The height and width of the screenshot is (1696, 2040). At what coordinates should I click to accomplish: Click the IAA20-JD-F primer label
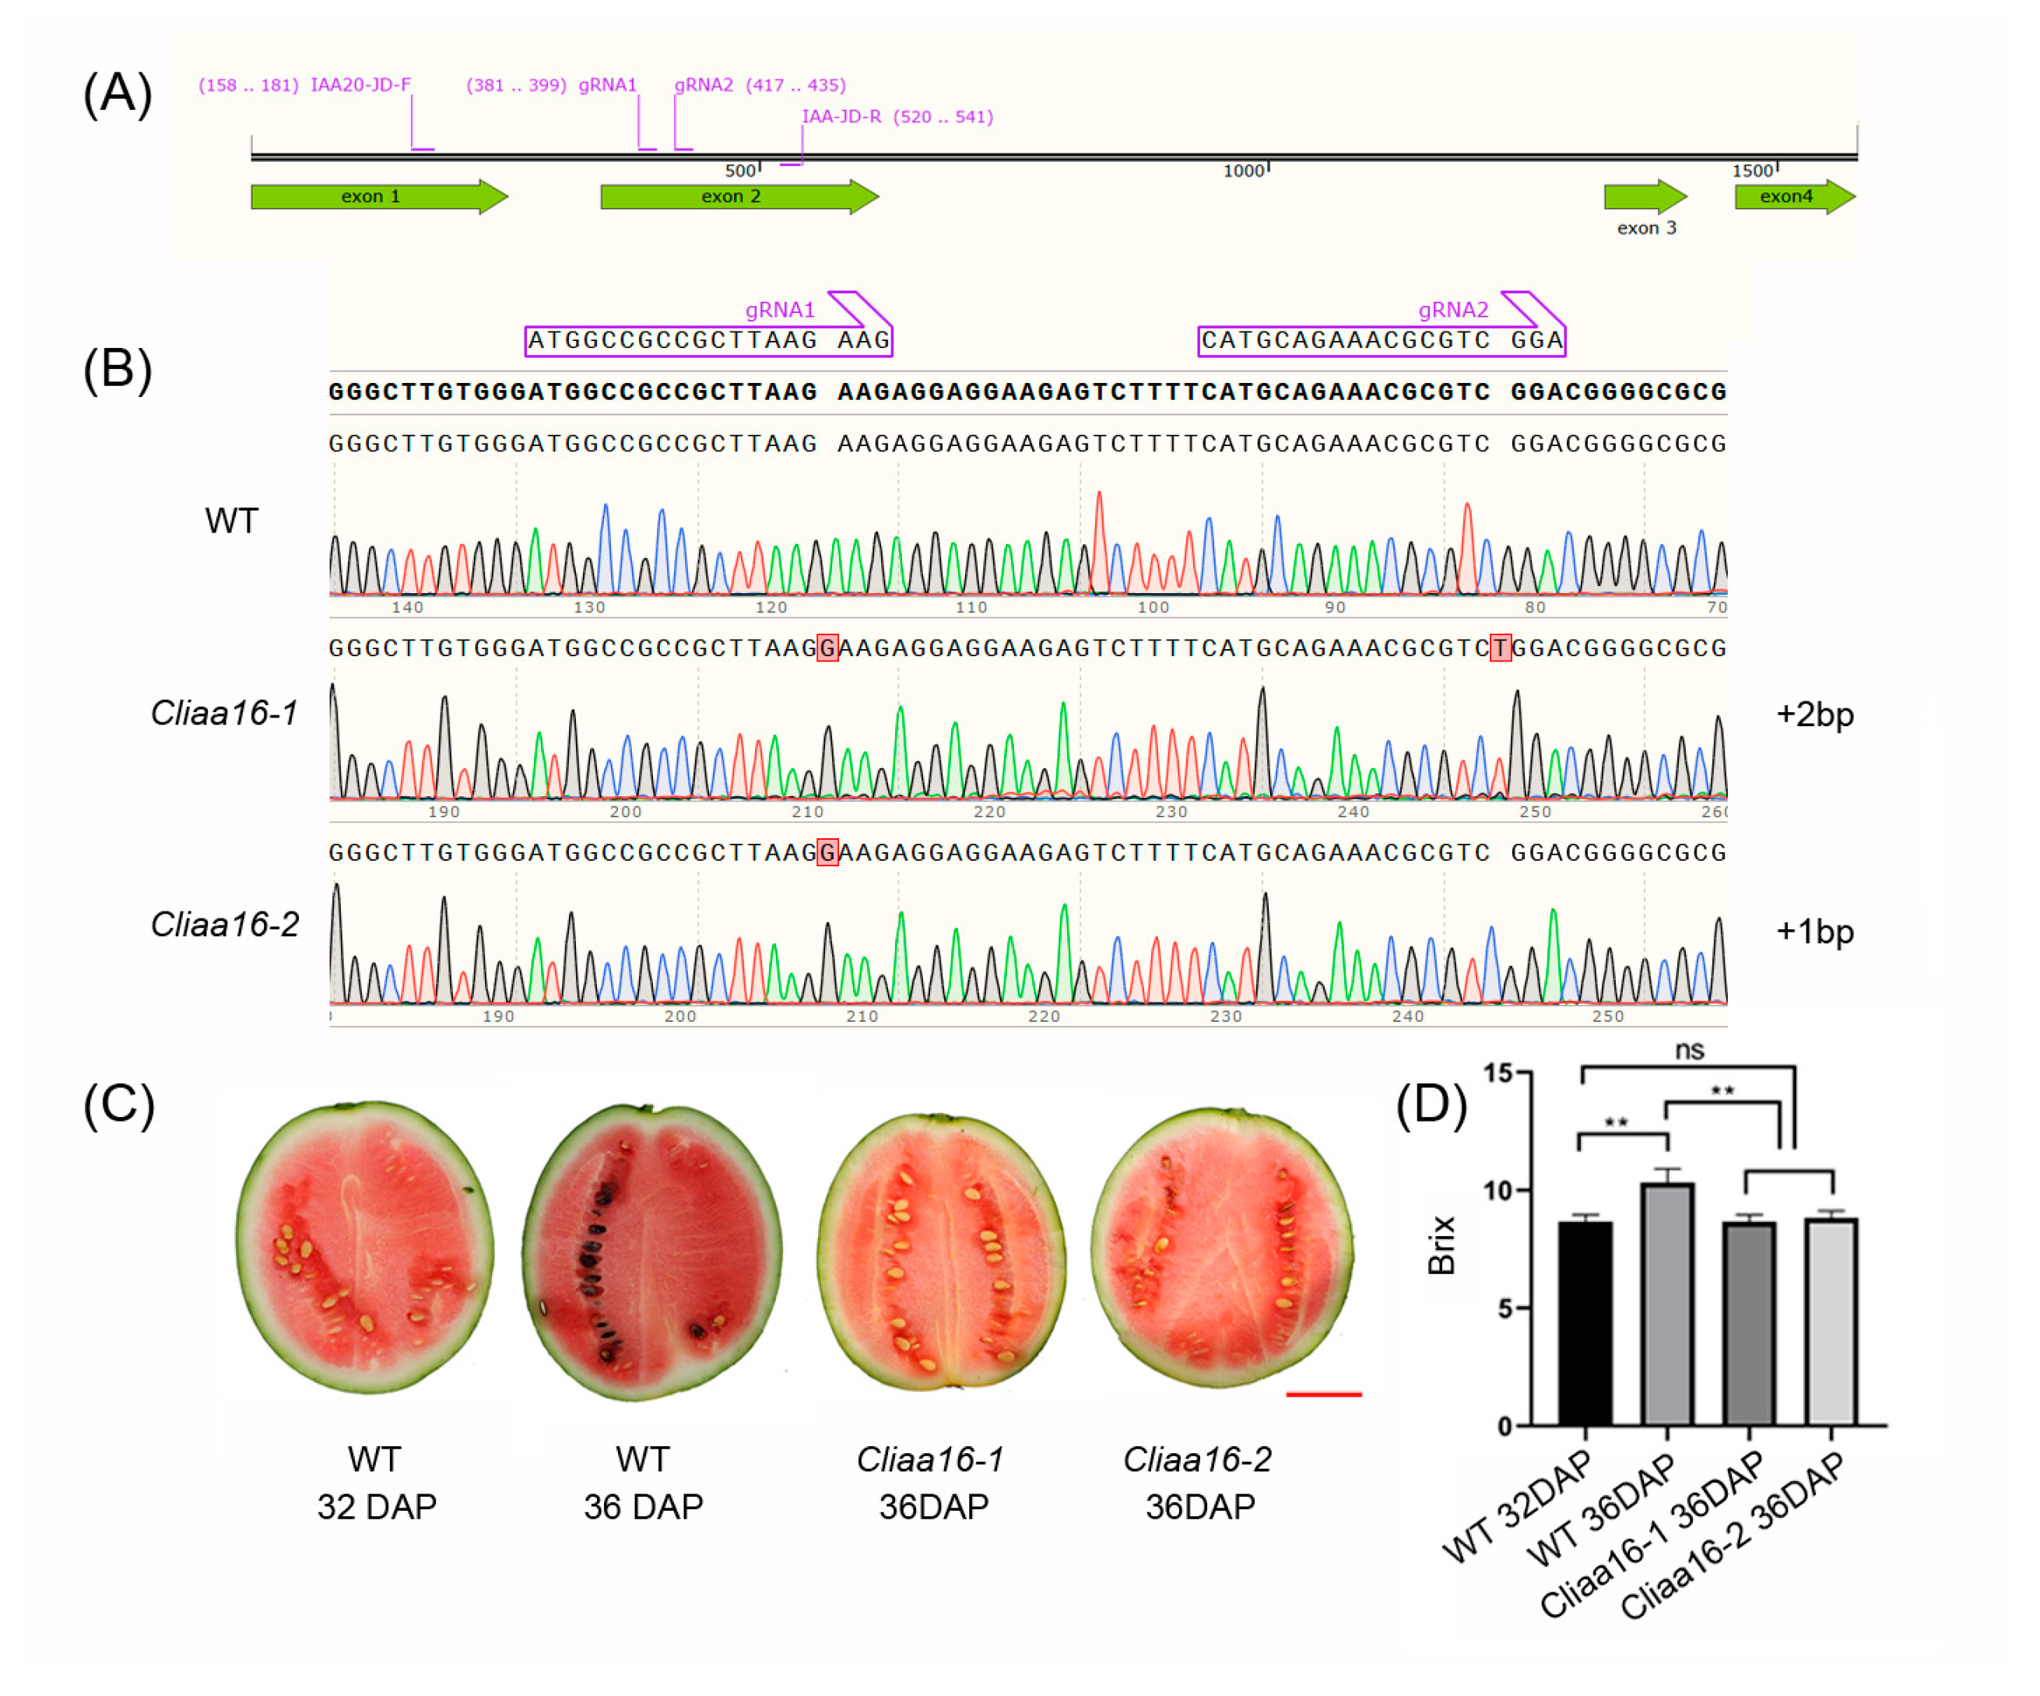point(360,86)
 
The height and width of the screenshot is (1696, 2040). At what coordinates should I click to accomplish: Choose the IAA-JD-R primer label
point(841,117)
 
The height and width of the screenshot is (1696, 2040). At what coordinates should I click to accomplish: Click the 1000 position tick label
point(1244,171)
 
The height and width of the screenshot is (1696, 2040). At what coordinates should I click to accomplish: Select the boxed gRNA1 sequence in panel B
point(708,341)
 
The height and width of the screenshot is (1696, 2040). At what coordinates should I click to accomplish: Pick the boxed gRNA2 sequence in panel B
point(1382,341)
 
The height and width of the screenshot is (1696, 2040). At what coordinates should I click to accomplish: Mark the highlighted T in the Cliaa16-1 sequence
point(1500,648)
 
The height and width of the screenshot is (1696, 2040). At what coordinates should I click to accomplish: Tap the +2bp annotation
point(1814,715)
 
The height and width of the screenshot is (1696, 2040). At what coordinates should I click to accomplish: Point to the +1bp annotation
point(1814,932)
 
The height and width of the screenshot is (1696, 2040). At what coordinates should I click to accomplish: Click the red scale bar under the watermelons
point(1323,1395)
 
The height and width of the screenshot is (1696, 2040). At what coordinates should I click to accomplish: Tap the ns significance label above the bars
point(1689,1050)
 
